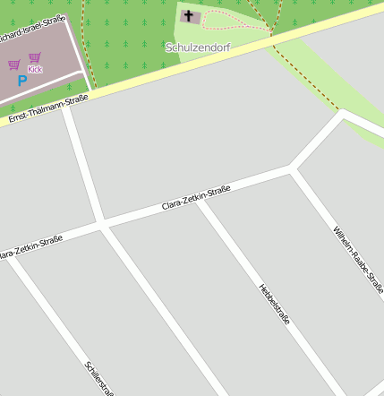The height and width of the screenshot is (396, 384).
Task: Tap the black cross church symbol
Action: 189,15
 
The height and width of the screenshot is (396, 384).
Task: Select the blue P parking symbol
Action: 22,81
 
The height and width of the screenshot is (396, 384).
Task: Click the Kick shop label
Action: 35,69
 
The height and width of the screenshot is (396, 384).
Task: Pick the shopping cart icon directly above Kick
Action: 35,58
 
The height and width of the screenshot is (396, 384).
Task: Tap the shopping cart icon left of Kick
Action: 14,65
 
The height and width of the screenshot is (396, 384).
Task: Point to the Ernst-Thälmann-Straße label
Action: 48,108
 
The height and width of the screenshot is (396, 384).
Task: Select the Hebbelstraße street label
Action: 274,304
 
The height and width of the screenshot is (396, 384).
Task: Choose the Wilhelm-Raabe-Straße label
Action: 357,260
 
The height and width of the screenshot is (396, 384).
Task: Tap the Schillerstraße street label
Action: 98,377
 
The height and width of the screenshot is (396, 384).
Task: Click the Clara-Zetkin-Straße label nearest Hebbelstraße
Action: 196,197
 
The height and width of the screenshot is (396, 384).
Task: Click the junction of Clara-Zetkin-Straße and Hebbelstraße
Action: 200,200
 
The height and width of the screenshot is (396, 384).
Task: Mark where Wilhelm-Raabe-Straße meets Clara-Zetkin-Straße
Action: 293,168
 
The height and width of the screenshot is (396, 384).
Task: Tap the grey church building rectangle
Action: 191,15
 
